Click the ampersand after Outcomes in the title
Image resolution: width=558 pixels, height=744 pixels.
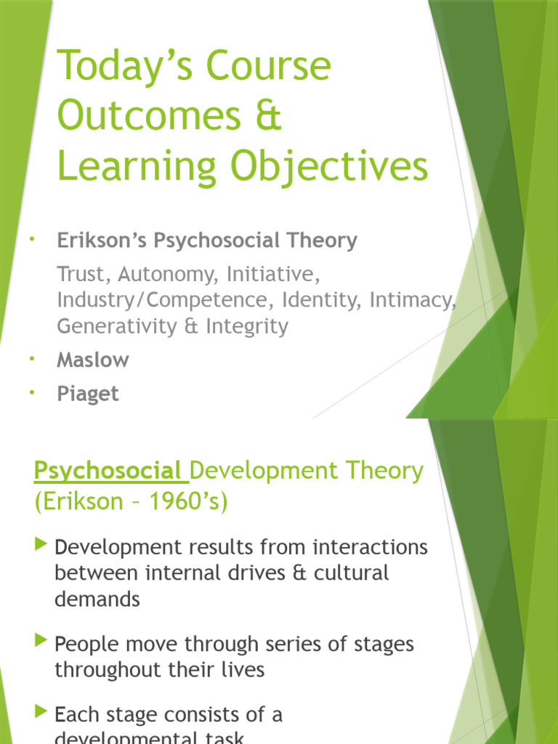pyautogui.click(x=270, y=117)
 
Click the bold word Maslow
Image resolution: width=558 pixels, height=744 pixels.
pyautogui.click(x=93, y=360)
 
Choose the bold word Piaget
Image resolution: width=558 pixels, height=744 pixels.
pyautogui.click(x=87, y=394)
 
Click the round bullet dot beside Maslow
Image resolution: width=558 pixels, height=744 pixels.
pyautogui.click(x=33, y=359)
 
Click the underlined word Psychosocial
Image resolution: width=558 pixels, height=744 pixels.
pyautogui.click(x=108, y=471)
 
